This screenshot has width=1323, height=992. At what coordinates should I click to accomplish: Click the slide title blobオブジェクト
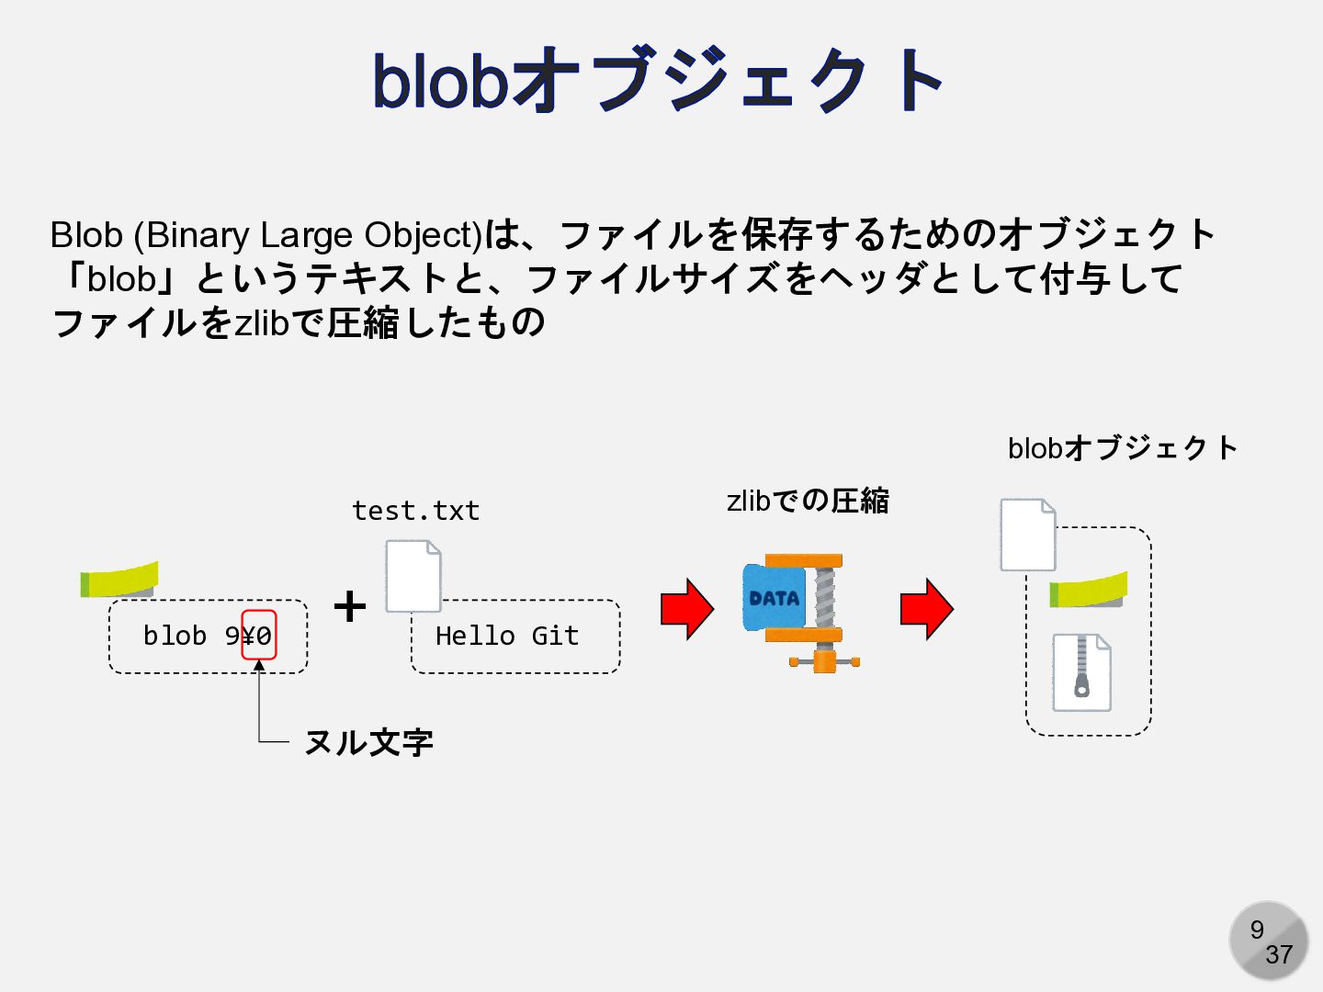[x=658, y=81]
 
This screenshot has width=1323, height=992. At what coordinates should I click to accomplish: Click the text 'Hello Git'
[x=507, y=636]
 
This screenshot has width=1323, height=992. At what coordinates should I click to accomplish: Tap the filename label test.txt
[x=415, y=511]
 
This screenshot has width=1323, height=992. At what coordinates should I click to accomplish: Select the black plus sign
[x=349, y=606]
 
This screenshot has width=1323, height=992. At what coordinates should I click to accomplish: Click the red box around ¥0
[x=259, y=635]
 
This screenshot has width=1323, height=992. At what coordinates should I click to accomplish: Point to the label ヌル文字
[x=368, y=742]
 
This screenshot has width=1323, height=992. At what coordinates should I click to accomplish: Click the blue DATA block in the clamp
[x=773, y=598]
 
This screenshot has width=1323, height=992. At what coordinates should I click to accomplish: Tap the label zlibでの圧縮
[x=808, y=501]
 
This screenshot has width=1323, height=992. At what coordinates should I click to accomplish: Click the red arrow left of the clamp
[x=686, y=609]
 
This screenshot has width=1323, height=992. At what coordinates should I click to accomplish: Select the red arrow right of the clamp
[x=926, y=609]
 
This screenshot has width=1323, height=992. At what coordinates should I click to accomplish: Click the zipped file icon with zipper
[x=1081, y=672]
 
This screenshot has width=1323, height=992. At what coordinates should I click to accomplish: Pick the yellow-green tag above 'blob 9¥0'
[x=119, y=580]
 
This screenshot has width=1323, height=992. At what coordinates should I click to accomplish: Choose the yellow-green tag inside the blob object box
[x=1089, y=590]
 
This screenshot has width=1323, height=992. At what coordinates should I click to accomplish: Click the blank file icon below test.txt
[x=413, y=576]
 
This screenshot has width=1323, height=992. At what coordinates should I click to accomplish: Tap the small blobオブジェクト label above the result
[x=1122, y=448]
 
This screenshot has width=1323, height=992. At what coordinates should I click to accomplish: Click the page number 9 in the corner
[x=1257, y=930]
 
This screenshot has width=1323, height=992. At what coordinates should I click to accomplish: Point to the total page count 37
[x=1278, y=955]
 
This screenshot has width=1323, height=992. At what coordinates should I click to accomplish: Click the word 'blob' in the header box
[x=175, y=636]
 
